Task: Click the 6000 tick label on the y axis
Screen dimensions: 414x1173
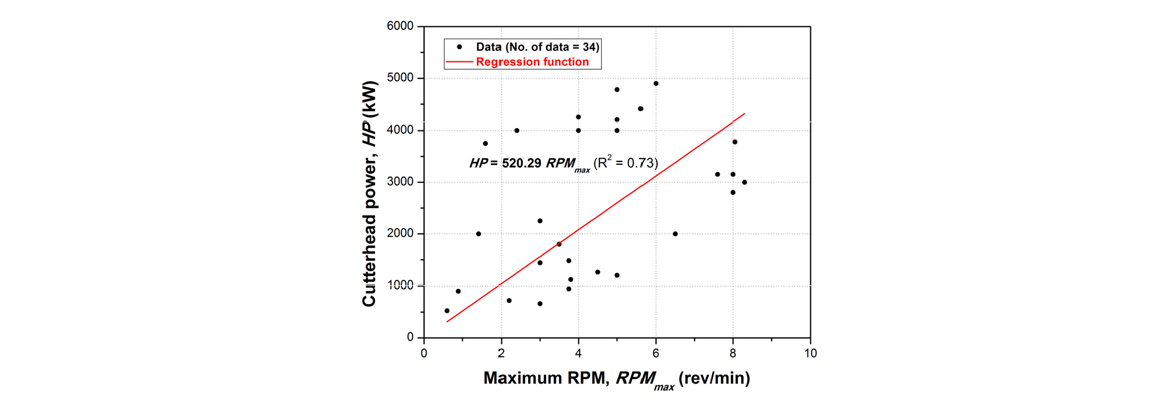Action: coord(400,26)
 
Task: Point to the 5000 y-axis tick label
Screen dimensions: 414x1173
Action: coord(400,78)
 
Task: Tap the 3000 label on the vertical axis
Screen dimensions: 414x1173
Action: coord(400,182)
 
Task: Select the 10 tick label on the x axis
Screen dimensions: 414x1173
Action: coord(810,353)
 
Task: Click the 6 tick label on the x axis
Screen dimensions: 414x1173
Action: coord(655,353)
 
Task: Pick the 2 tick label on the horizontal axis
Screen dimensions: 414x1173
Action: coord(501,353)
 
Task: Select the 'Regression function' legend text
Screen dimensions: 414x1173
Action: coord(532,62)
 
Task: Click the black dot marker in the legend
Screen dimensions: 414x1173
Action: coord(460,47)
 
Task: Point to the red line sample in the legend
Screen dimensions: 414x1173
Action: coord(459,62)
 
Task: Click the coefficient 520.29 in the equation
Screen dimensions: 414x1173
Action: coord(522,163)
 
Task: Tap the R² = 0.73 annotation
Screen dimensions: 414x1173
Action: coord(626,163)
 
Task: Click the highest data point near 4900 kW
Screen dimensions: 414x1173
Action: coord(656,84)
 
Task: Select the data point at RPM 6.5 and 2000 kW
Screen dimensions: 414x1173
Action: coord(675,234)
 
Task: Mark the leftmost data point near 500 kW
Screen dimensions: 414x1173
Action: coord(447,311)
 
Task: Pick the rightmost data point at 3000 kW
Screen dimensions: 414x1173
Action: coord(744,182)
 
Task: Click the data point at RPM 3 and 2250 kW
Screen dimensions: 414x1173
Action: coord(540,221)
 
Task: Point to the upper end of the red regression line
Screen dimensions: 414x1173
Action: coord(744,113)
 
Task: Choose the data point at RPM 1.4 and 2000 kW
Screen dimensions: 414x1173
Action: coord(478,234)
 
